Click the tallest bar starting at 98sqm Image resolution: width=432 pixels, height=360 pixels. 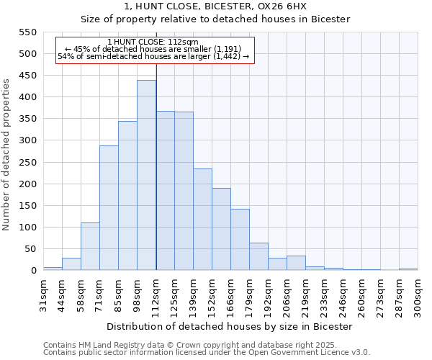(x=146, y=175)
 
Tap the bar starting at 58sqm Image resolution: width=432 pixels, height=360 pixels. (x=90, y=246)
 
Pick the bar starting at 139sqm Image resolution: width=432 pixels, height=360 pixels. (x=202, y=220)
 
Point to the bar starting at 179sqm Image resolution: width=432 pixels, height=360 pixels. (x=258, y=256)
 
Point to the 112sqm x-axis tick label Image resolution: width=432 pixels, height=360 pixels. (x=156, y=295)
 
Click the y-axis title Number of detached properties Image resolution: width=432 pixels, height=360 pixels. (x=7, y=155)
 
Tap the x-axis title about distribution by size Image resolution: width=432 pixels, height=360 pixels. (x=230, y=326)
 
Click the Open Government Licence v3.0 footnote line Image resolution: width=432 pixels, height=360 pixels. (x=207, y=353)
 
